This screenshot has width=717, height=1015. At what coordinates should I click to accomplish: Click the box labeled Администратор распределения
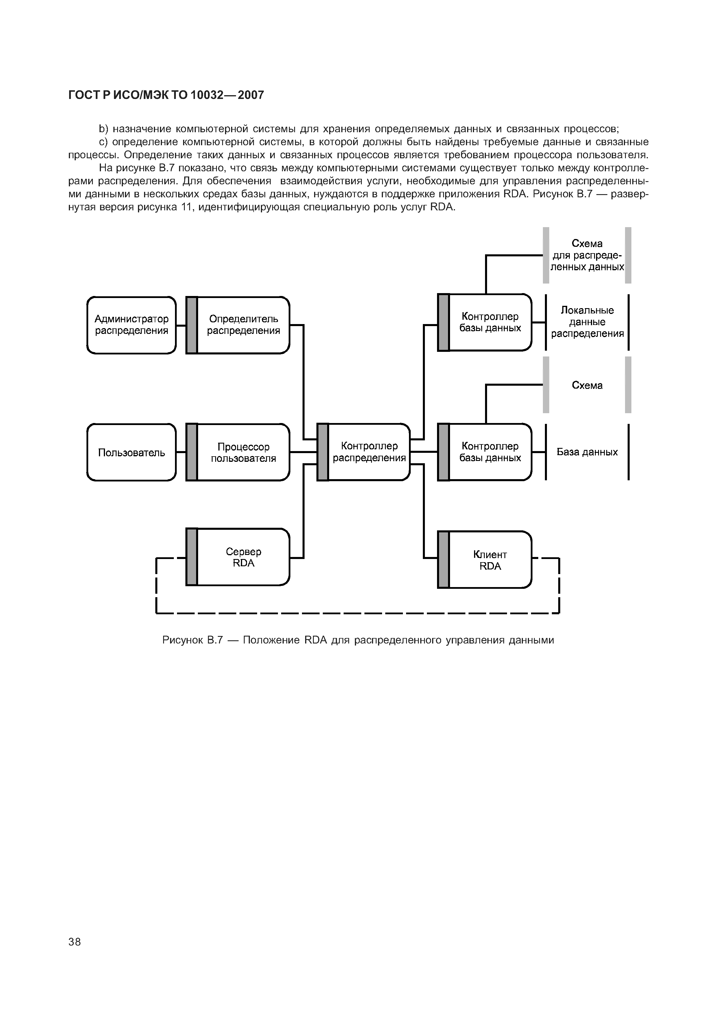(131, 325)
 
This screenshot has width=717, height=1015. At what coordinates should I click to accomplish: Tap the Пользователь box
(131, 452)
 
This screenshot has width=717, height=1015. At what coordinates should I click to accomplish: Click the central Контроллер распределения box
(369, 452)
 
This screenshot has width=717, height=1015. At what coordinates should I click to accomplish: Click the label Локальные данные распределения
(587, 322)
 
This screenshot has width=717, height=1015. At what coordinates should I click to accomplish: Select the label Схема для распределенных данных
(587, 255)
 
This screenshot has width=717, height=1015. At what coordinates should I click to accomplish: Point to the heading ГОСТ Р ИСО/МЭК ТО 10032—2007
(166, 95)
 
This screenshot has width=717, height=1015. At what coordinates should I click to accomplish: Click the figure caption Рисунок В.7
(358, 640)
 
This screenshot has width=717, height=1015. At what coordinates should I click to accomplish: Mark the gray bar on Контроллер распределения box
(323, 452)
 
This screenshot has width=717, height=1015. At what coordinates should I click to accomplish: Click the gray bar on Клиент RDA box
(443, 560)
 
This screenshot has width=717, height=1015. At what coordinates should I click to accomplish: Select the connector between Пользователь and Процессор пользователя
(181, 452)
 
